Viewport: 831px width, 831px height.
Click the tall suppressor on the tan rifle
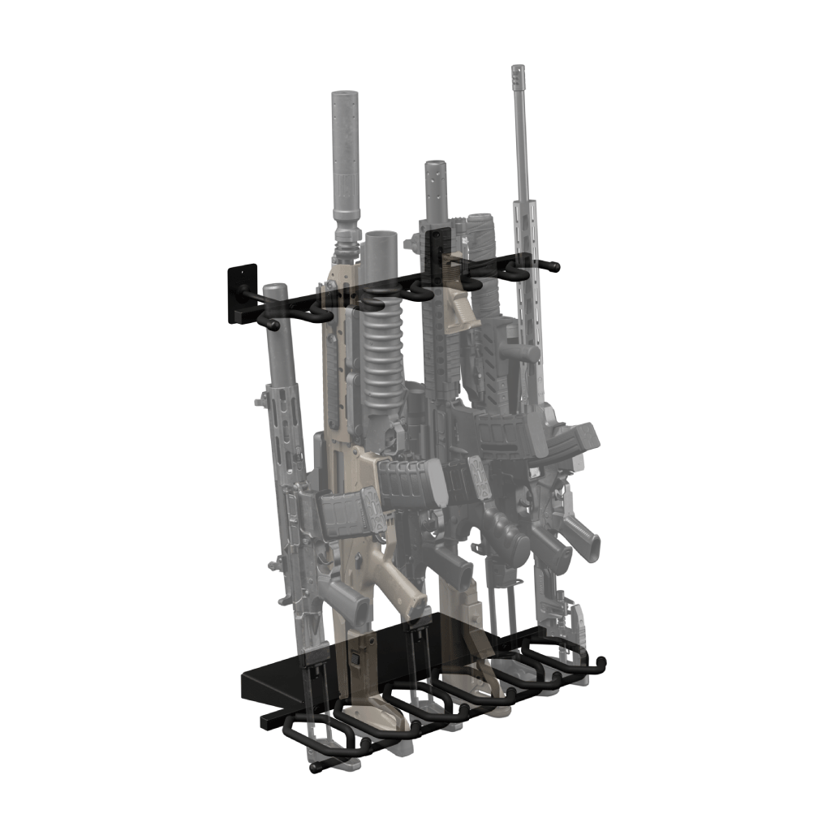[346, 154]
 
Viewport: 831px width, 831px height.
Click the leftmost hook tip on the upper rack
[274, 326]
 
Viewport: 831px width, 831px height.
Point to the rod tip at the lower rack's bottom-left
[315, 767]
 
